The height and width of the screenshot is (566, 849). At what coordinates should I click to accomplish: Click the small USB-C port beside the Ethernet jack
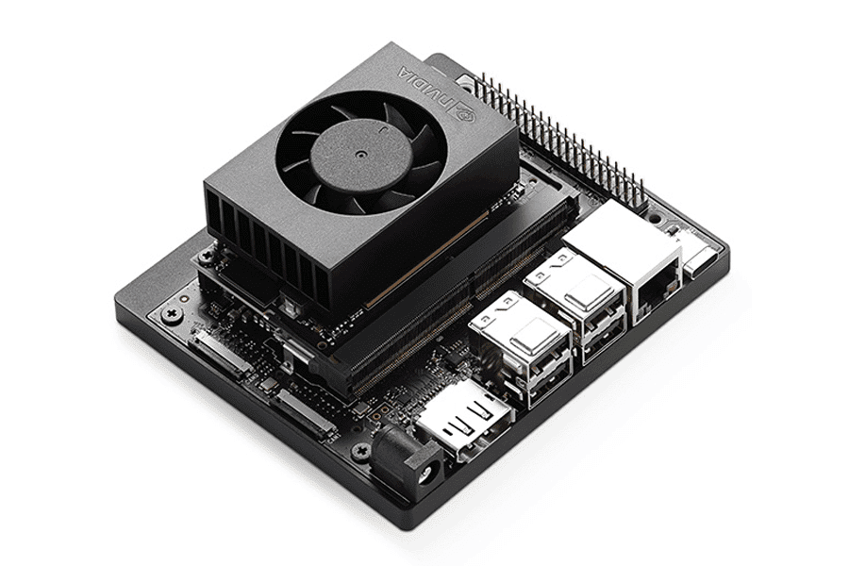pos(703,258)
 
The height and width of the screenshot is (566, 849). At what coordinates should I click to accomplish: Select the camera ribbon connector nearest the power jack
pos(304,411)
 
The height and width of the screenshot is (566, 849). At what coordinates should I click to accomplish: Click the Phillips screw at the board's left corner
pos(172,310)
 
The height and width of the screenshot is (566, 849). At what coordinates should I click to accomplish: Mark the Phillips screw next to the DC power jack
pos(359,450)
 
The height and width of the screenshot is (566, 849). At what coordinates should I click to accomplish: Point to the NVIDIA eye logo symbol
pos(464,111)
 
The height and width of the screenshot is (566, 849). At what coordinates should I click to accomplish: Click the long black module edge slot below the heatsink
pos(443,292)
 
